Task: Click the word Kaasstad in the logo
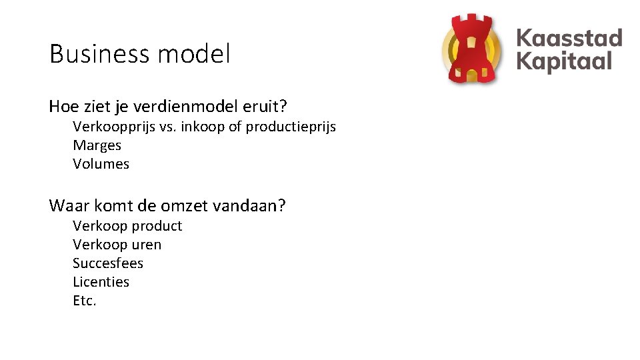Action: tap(569, 38)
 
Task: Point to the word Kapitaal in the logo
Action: tap(564, 62)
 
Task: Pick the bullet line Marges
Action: tap(97, 145)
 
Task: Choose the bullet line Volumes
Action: tap(101, 164)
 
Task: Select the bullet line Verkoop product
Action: tap(127, 226)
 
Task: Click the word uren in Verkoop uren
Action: tap(147, 245)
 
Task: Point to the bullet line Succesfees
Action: tap(107, 263)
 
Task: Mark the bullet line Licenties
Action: tap(101, 282)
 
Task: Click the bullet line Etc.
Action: tap(85, 301)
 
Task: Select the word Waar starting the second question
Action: tap(67, 206)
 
